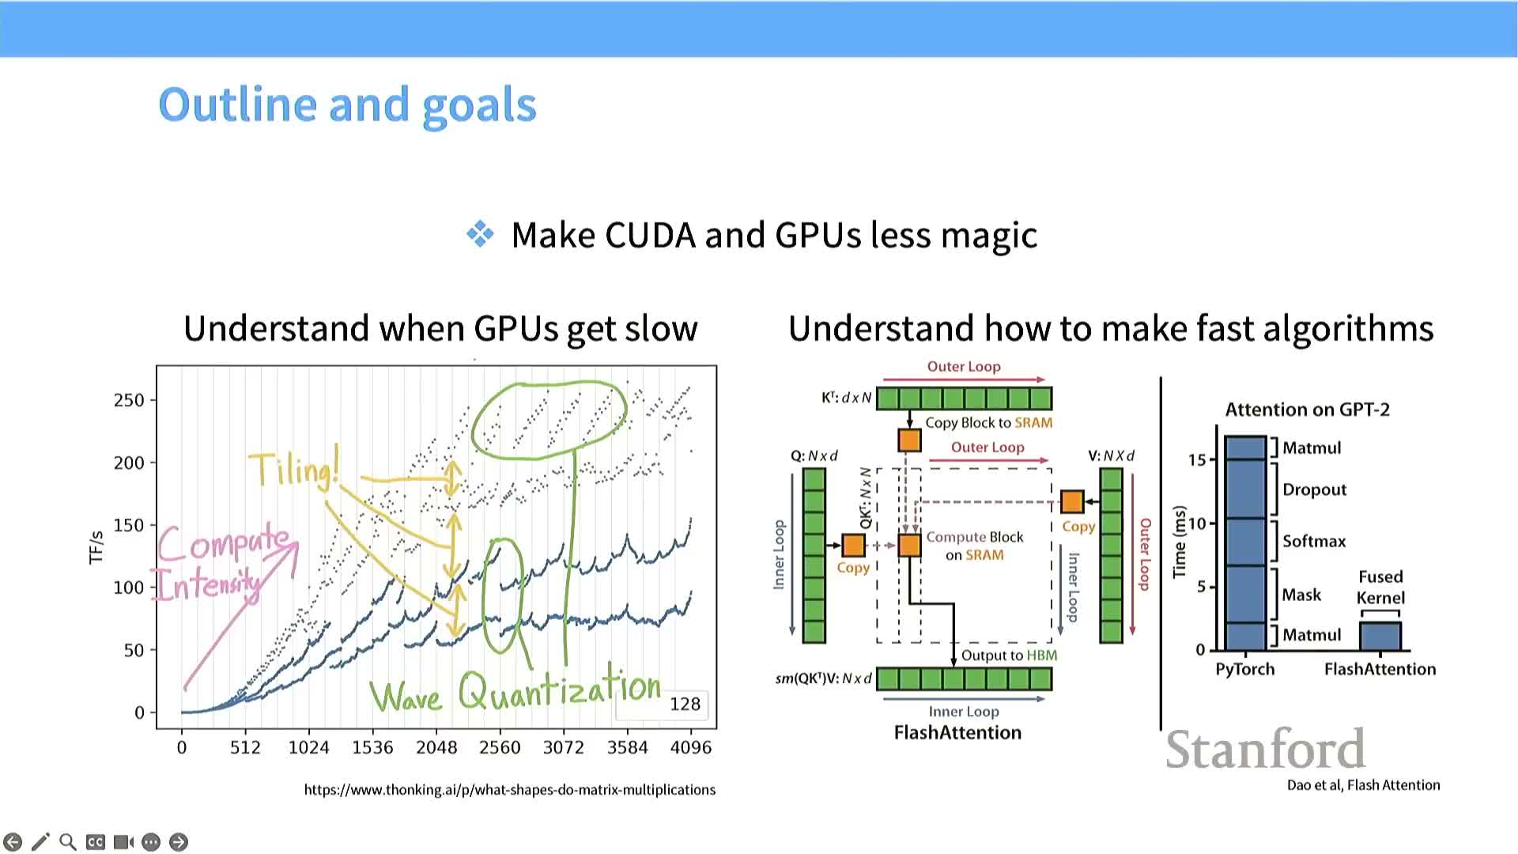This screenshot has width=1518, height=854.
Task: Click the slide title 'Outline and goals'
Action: (347, 105)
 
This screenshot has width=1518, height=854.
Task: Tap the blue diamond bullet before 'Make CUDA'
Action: (480, 234)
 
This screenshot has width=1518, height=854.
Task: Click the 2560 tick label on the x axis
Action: (500, 747)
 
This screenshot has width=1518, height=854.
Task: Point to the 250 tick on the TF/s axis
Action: (130, 400)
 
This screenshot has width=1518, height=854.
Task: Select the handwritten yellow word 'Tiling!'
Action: (294, 469)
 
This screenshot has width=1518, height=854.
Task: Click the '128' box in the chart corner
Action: (685, 704)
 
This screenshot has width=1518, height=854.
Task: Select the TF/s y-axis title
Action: (96, 547)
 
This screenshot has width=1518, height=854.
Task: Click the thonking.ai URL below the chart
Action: (510, 789)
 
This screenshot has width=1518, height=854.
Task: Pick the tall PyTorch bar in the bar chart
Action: (1245, 543)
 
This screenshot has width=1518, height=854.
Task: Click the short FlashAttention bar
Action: (1380, 637)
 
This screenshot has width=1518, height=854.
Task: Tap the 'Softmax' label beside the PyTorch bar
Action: (1314, 542)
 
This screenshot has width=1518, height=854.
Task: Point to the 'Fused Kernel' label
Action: (1380, 587)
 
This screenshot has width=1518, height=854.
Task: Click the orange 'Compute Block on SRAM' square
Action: (910, 545)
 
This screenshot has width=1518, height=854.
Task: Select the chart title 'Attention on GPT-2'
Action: (1307, 410)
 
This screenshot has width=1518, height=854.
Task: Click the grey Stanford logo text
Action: (1265, 750)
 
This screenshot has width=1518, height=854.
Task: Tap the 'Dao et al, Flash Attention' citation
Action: (1363, 785)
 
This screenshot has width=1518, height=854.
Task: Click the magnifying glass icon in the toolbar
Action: (68, 842)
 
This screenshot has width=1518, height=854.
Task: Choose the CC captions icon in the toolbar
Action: (96, 842)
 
